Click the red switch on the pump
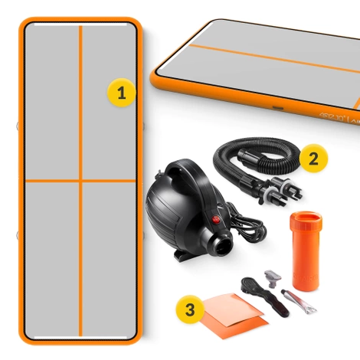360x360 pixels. pyautogui.click(x=216, y=222)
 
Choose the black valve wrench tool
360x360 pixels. pyautogui.click(x=255, y=291)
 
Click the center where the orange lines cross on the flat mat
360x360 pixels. pyautogui.click(x=80, y=180)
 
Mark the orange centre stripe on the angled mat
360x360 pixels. pyautogui.click(x=276, y=57)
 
